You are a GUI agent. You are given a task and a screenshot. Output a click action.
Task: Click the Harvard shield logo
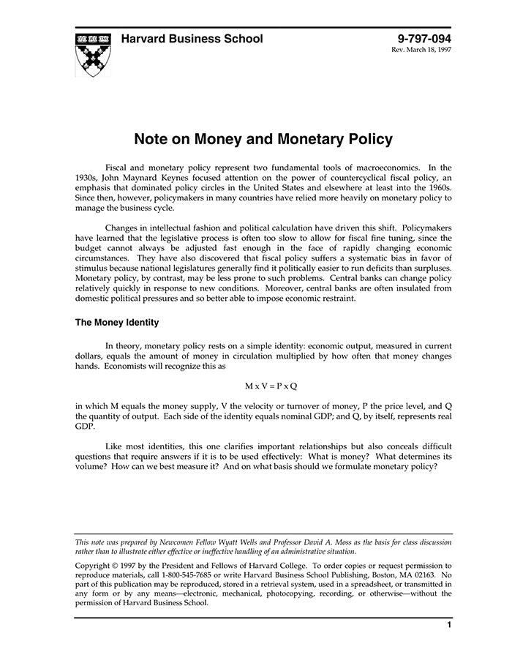tap(93, 54)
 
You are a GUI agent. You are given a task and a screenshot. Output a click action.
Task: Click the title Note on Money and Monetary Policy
tap(263, 139)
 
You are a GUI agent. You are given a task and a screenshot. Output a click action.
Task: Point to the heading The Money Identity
tap(117, 322)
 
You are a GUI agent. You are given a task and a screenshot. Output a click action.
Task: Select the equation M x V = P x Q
tap(271, 385)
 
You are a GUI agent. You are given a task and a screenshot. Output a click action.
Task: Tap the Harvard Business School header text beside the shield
tap(192, 39)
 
